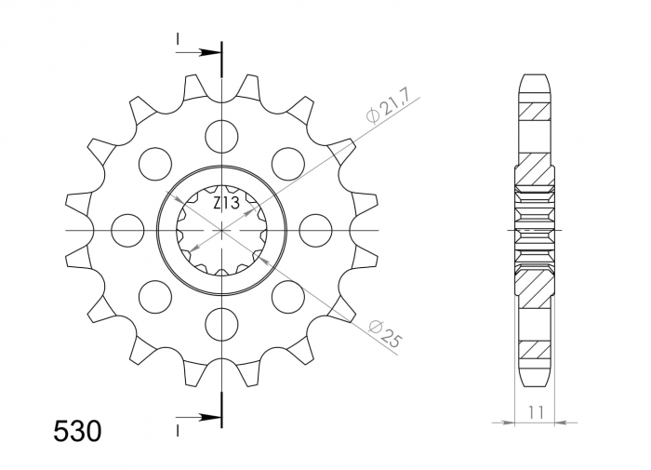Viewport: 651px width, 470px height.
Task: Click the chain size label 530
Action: (x=77, y=431)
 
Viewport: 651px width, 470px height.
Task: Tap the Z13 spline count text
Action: (x=223, y=203)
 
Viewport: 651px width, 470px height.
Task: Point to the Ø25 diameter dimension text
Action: (x=384, y=333)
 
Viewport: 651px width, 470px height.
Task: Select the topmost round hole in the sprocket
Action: (x=222, y=136)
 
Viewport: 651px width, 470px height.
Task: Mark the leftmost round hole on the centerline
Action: (x=128, y=229)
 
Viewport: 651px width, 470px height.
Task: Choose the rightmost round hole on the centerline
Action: (x=316, y=229)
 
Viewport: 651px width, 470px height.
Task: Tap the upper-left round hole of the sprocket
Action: (x=156, y=164)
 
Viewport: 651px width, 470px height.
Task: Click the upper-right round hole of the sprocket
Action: (x=288, y=164)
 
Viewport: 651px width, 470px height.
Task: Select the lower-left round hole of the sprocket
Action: (x=156, y=296)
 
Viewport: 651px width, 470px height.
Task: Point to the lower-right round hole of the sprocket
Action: (x=288, y=296)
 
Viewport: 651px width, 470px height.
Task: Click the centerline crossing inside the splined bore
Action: (x=222, y=229)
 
